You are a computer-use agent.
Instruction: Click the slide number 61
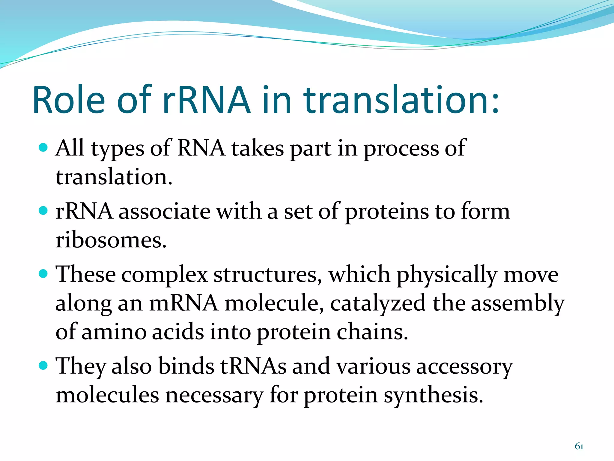[x=579, y=446]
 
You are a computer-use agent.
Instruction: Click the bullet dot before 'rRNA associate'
[x=43, y=210]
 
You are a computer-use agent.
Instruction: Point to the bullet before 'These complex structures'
[x=43, y=273]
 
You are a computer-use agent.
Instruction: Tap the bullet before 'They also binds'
[x=43, y=366]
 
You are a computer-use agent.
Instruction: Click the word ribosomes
[x=111, y=240]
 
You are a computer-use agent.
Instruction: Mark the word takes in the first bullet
[x=258, y=148]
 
